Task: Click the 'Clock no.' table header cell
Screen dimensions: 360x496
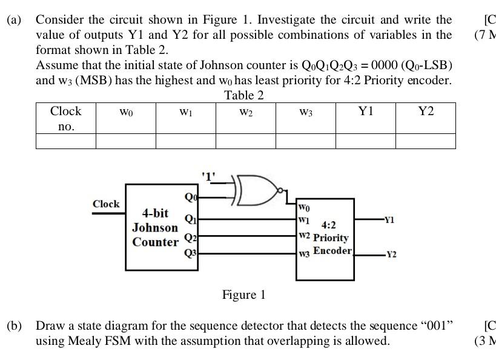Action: (65, 119)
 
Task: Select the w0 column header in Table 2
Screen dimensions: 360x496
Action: (126, 112)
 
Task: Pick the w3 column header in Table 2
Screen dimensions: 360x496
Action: (306, 112)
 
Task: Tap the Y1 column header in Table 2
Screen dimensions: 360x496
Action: (366, 112)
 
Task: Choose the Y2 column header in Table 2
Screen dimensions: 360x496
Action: (426, 112)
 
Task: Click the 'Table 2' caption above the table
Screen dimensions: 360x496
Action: (244, 95)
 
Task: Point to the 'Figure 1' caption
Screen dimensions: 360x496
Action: (243, 295)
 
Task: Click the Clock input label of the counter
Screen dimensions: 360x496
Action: (106, 204)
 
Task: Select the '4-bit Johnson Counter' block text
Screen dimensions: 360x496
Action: (155, 228)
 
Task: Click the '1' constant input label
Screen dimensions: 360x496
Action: (208, 177)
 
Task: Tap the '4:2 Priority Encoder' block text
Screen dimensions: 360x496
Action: (331, 238)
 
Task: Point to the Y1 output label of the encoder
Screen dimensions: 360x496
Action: (390, 220)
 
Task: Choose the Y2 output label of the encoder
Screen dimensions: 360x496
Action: (391, 255)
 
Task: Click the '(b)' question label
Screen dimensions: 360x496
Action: (14, 326)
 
